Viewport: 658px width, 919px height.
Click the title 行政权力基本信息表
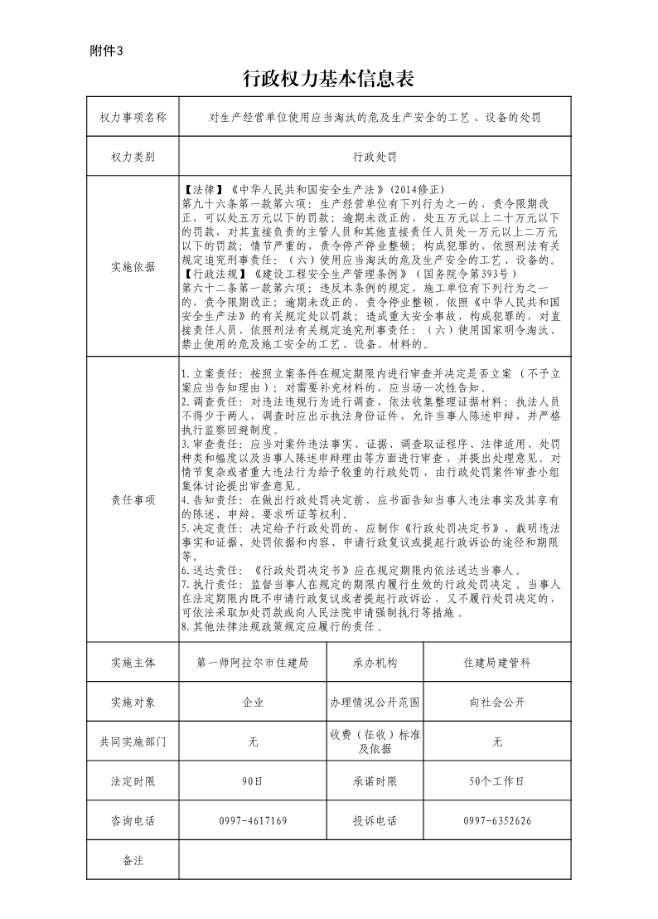328,79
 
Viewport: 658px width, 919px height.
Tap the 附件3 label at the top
105,51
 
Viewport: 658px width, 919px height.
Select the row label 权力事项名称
133,117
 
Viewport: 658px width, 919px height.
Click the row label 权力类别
133,156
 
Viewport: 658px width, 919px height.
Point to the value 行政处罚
375,156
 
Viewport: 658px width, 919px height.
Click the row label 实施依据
133,266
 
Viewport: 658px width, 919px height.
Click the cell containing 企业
252,703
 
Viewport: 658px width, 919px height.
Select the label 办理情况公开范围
375,703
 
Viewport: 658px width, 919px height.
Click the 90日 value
252,781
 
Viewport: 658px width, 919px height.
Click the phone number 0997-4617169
252,821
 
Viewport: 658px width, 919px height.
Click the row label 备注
133,861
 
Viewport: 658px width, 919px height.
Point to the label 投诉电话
375,821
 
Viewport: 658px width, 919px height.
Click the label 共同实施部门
133,742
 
